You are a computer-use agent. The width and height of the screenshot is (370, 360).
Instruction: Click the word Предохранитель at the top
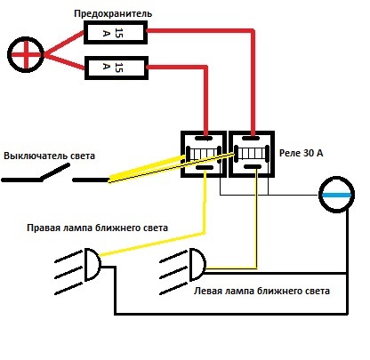tap(113, 13)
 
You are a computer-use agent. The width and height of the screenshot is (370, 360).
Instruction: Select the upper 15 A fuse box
tap(116, 33)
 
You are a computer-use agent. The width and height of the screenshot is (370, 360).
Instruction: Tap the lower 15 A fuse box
tap(117, 68)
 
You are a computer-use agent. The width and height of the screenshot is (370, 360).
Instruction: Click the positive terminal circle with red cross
tap(26, 54)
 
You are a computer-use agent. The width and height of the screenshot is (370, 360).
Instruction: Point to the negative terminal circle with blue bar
tap(336, 195)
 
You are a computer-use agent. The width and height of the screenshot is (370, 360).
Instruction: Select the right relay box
tap(252, 155)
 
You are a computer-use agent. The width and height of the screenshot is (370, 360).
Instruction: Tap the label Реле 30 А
tap(302, 153)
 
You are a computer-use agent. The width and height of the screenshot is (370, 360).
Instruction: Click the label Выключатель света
tap(49, 156)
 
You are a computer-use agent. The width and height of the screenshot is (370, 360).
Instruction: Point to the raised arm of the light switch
tap(55, 172)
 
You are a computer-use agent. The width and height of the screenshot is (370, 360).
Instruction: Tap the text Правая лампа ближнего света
tap(97, 228)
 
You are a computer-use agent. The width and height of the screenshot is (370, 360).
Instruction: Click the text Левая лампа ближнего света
tap(261, 291)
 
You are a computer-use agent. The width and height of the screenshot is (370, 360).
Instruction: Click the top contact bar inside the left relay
tap(204, 138)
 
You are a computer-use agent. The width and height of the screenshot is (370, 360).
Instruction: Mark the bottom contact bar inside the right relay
tap(252, 167)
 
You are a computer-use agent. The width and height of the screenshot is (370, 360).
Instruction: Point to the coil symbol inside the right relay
tap(252, 154)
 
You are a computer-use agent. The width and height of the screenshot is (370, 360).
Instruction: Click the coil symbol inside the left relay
tap(204, 154)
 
